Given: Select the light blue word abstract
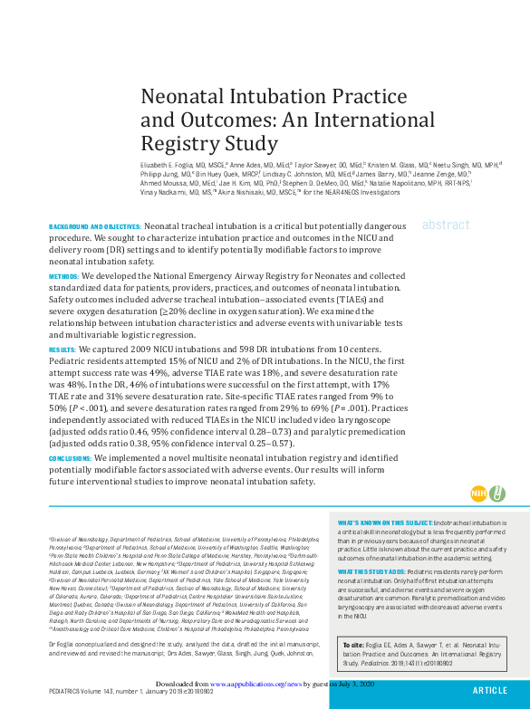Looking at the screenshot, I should [445, 225].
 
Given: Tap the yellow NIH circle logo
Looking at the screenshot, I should [478, 493].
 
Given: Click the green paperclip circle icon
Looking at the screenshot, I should [496, 493].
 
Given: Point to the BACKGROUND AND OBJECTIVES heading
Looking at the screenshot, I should [94, 225].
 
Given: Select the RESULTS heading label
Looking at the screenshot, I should [62, 349].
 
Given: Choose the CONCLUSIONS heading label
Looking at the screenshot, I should [70, 459].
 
